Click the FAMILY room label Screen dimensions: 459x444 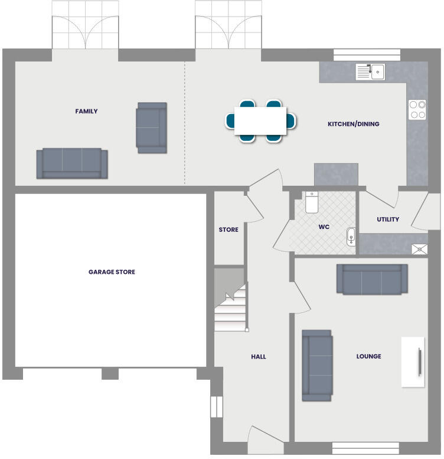pos(86,111)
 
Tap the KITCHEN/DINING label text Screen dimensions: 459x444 pos(353,124)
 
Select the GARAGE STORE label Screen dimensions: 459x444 pos(112,272)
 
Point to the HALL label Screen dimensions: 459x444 pos(258,357)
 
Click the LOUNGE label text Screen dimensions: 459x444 pos(368,356)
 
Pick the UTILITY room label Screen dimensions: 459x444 pos(388,219)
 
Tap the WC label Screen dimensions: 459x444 pos(324,227)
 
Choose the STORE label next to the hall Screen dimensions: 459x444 pos(228,229)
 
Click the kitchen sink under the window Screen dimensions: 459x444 pos(370,72)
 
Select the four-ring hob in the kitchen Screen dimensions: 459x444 pos(417,109)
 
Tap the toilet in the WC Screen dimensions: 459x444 pos(312,202)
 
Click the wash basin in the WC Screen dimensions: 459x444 pos(351,237)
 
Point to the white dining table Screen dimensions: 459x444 pos(260,121)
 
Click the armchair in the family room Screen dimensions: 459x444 pos(152,127)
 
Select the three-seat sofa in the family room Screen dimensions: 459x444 pos(72,163)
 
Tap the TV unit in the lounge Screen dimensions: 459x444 pos(412,361)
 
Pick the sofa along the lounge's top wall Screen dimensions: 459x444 pos(371,279)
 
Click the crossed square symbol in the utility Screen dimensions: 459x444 pos(419,249)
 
